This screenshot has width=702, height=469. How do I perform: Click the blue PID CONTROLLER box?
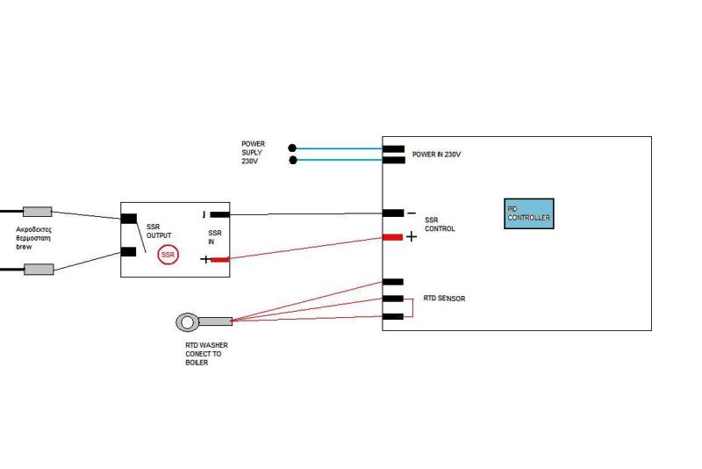[x=528, y=213]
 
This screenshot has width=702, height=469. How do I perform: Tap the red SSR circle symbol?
[x=168, y=256]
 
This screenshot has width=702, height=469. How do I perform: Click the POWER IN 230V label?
[x=436, y=155]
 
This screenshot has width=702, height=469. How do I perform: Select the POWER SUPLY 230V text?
[x=254, y=152]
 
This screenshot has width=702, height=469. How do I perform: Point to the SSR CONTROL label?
[x=440, y=225]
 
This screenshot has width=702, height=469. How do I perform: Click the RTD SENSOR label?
[x=444, y=299]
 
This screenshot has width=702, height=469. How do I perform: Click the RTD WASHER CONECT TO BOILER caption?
[x=201, y=354]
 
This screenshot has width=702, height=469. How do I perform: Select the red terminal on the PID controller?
[x=393, y=236]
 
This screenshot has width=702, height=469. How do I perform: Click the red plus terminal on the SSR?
[x=219, y=259]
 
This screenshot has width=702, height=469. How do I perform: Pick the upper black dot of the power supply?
[x=292, y=148]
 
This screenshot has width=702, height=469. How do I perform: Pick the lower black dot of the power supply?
[x=292, y=160]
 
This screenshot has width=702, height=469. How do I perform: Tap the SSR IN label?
[x=215, y=237]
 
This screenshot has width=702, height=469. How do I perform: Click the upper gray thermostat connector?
[x=37, y=212]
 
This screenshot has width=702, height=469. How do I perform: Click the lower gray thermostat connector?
[x=39, y=270]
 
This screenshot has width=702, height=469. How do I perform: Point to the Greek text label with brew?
[x=35, y=237]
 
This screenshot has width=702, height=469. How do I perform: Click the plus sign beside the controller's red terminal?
[x=412, y=236]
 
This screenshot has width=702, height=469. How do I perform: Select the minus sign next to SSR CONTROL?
[x=411, y=213]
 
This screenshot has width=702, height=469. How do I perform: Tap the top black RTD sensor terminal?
[x=393, y=282]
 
